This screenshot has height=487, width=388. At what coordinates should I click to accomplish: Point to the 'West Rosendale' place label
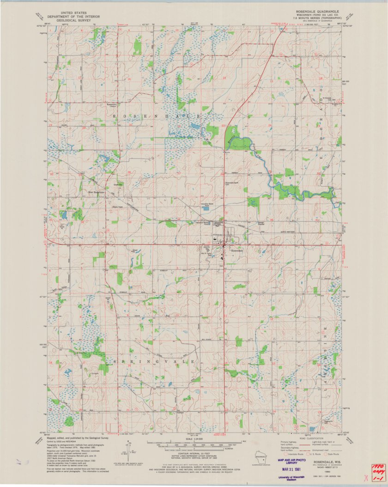(97, 192)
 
